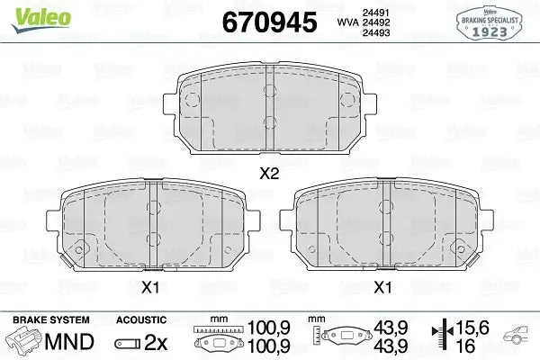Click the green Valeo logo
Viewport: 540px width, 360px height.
(29, 13)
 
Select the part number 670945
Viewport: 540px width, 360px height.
(269, 22)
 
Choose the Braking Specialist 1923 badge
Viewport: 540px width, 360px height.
(491, 22)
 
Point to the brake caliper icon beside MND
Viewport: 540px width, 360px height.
(27, 342)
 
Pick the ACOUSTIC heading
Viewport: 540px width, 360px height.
(141, 320)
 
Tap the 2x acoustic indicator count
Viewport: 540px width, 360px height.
(157, 343)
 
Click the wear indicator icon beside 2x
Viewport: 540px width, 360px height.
(126, 344)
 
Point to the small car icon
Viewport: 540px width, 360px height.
(519, 339)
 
